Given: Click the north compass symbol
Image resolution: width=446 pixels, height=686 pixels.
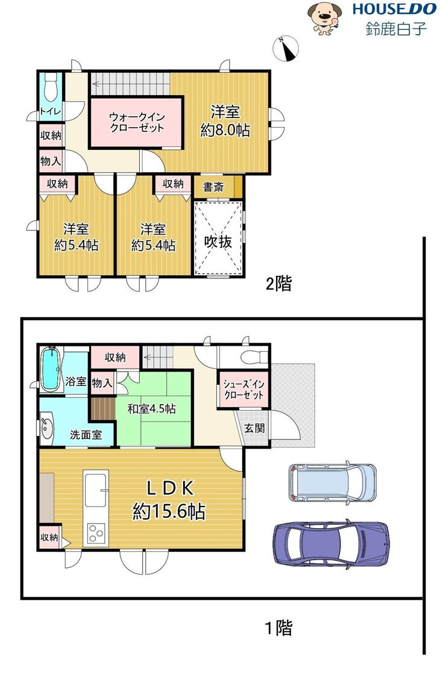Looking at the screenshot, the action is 286,48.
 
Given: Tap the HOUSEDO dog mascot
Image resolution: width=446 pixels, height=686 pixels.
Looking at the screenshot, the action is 324,18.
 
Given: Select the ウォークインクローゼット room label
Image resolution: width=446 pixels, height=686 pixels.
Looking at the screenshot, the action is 137,122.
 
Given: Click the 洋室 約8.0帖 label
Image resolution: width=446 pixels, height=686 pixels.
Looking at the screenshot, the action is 225,120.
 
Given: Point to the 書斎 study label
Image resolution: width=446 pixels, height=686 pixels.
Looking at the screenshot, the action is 213,187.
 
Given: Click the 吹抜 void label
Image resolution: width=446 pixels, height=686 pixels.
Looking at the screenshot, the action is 218,241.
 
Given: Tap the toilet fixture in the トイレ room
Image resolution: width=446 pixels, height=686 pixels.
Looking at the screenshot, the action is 51,87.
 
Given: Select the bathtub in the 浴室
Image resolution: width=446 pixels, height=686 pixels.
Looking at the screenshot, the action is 51,369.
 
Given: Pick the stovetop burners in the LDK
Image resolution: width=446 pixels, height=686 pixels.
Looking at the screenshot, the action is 96,534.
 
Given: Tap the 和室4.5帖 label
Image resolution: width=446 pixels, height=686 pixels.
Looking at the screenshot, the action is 152,408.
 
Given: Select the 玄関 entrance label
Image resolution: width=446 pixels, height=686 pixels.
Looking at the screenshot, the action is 254,428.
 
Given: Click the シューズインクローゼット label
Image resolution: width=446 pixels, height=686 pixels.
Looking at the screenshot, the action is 243,389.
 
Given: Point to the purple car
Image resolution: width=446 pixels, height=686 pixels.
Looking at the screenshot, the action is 331,543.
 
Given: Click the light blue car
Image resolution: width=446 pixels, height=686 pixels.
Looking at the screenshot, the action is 332,482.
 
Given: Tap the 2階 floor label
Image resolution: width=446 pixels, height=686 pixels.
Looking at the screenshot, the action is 279,284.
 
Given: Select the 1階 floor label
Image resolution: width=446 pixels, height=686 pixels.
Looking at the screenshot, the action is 279,628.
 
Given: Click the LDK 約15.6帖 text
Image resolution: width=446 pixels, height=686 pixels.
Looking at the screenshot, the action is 169,499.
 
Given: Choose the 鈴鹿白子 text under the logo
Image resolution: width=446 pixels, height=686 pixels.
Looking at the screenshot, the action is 395,29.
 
